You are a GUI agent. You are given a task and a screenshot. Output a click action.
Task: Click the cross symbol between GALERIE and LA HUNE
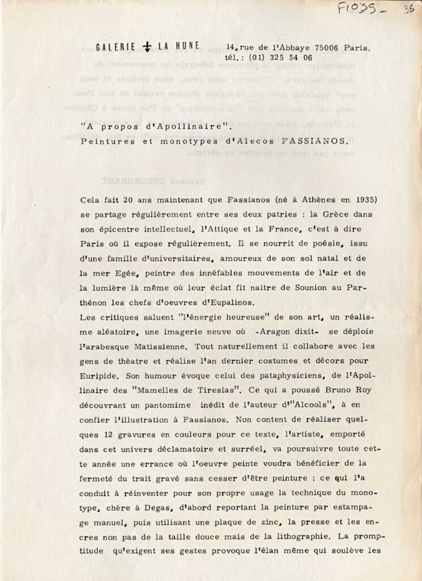click(147, 49)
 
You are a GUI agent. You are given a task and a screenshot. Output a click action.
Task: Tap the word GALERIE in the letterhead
click(116, 49)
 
